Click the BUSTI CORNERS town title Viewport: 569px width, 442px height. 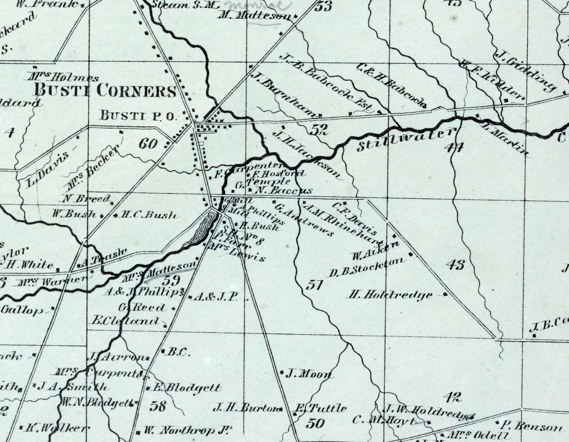coord(105,90)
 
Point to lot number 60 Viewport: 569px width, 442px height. coord(148,144)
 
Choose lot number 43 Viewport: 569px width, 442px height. coord(455,264)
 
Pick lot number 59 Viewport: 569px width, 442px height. coord(171,281)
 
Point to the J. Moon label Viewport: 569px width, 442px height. coord(309,374)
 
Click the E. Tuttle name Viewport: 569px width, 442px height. coord(321,408)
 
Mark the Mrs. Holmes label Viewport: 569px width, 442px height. coord(64,76)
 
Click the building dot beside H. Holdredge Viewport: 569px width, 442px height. coord(445,294)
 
